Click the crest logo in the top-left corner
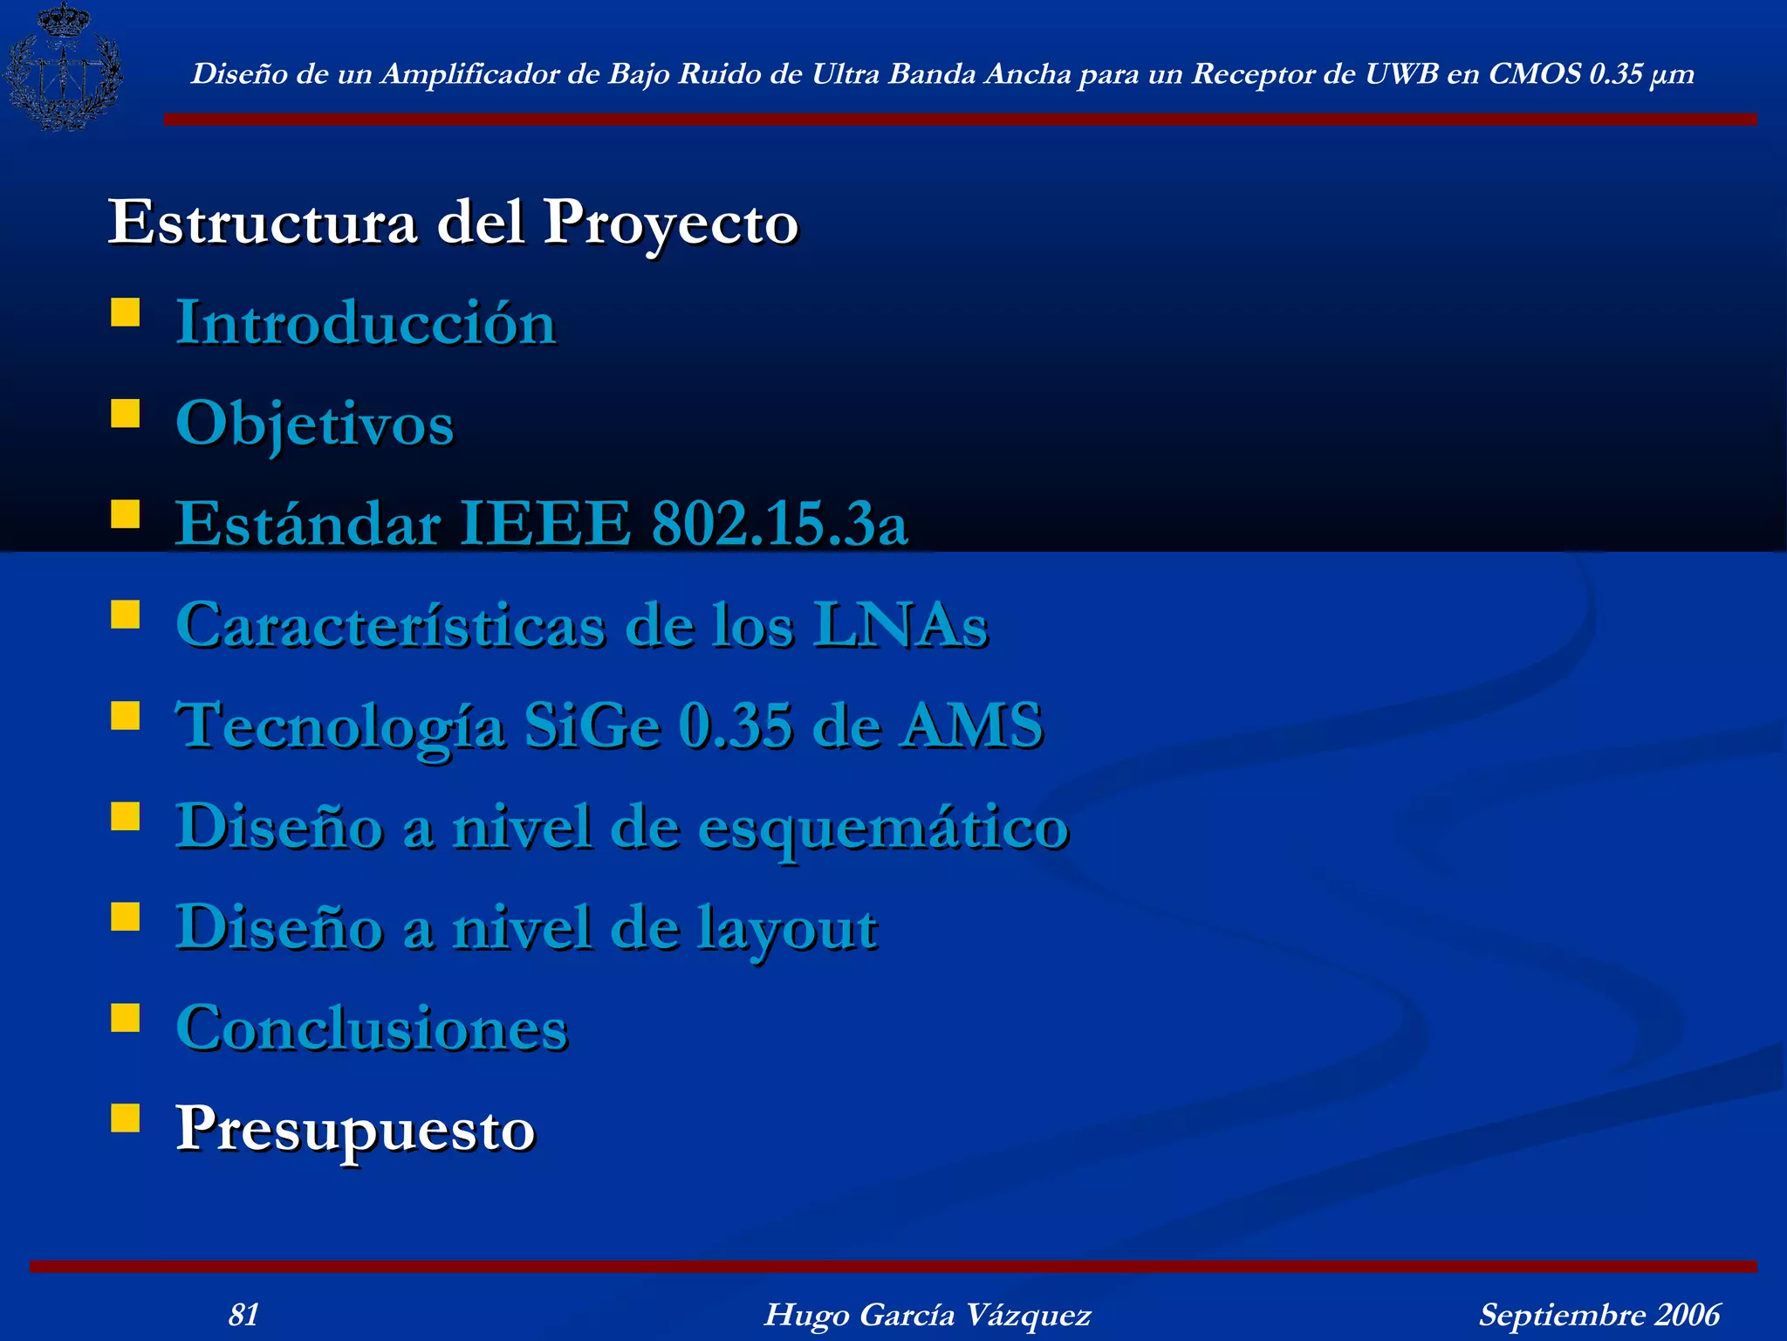(x=63, y=68)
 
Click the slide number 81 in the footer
(x=243, y=1315)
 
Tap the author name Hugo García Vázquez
(x=928, y=1315)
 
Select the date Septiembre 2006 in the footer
(x=1599, y=1315)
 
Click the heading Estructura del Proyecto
(x=453, y=223)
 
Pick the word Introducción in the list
(x=366, y=323)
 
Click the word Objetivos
(x=315, y=424)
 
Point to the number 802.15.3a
(x=779, y=524)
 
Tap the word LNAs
(x=900, y=625)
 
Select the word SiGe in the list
(x=592, y=726)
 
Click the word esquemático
(x=883, y=828)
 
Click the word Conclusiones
(x=372, y=1028)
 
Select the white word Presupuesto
(x=355, y=1130)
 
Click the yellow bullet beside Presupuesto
(x=126, y=1118)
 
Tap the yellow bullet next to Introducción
(x=126, y=313)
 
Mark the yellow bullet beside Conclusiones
(x=126, y=1018)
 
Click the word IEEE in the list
(x=545, y=524)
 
